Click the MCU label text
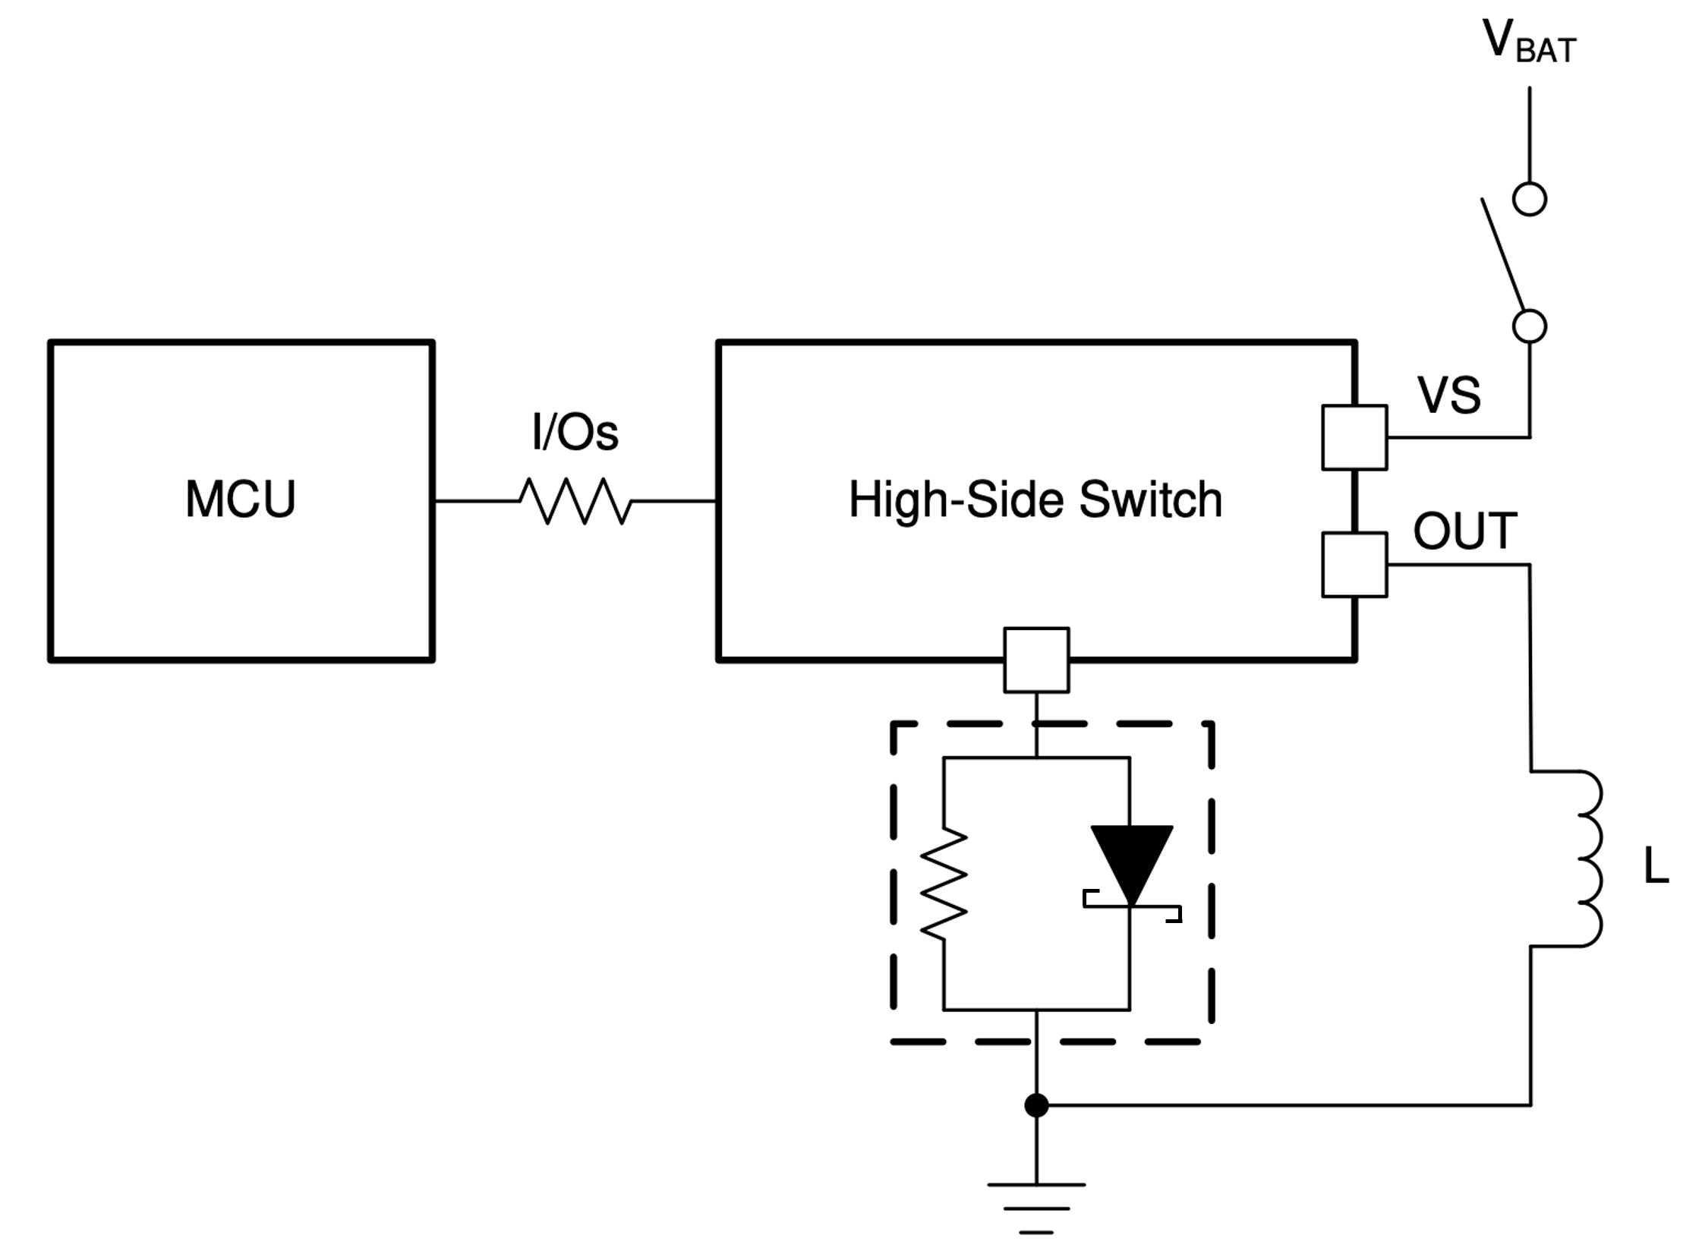(x=240, y=499)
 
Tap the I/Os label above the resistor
(x=575, y=433)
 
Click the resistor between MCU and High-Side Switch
(x=575, y=501)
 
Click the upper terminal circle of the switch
(x=1529, y=200)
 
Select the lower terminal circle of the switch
(x=1529, y=327)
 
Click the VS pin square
(x=1354, y=437)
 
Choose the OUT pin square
(x=1354, y=565)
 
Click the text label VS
(x=1448, y=395)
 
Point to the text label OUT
(x=1464, y=531)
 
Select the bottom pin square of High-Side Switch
(x=1036, y=660)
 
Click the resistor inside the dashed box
(x=944, y=884)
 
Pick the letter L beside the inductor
(x=1656, y=866)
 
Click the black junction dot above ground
(x=1036, y=1105)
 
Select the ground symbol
(x=1036, y=1206)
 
